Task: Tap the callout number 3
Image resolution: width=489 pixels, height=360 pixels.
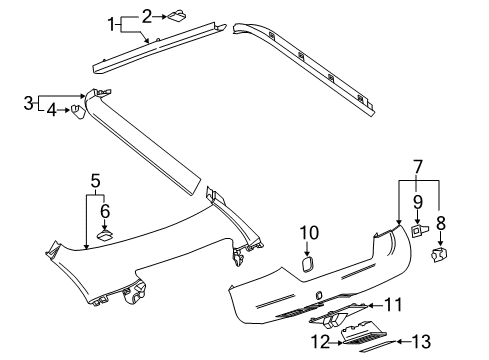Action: click(x=30, y=101)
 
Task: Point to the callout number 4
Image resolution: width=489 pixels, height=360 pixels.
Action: click(x=52, y=110)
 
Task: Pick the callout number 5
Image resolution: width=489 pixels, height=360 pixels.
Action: click(x=95, y=180)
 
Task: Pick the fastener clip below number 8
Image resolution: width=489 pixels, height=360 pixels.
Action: click(x=440, y=255)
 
